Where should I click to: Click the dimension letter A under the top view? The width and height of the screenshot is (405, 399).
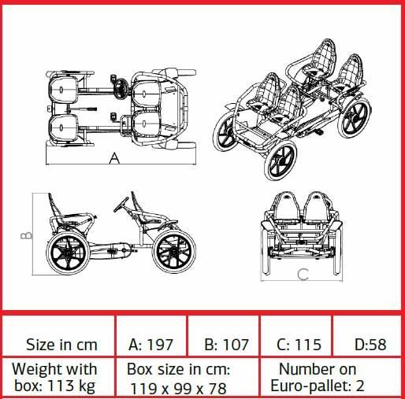pos(114,158)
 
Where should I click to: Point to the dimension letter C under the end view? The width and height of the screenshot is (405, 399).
pos(303,275)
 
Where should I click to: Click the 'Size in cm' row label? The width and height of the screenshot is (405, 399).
pos(61,345)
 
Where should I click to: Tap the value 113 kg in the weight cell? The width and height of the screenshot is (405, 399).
pos(71,386)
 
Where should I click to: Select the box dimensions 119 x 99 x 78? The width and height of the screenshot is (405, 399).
pos(178,389)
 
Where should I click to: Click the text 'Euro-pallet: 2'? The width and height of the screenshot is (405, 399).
pos(318,386)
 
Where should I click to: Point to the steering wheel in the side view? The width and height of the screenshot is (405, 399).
pos(121,205)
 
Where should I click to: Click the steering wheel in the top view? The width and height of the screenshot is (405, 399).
pos(121,89)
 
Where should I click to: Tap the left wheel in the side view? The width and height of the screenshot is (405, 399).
pos(68,253)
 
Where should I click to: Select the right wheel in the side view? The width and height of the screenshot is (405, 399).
pos(174,252)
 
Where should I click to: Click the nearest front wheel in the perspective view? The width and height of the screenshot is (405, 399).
pos(280,161)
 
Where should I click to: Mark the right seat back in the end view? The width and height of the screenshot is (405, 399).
pos(317,207)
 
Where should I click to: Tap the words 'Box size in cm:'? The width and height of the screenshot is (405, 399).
pos(178,370)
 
